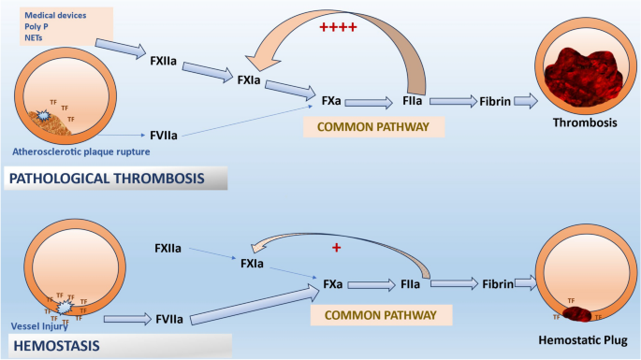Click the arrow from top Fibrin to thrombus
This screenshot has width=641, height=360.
pyautogui.click(x=530, y=100)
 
